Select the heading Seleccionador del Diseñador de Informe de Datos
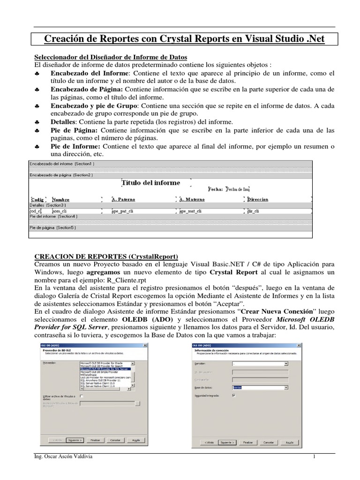pyautogui.click(x=111, y=57)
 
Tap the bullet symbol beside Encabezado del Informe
pyautogui.click(x=37, y=75)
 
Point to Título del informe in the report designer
pyautogui.click(x=150, y=183)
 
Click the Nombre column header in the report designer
pyautogui.click(x=60, y=199)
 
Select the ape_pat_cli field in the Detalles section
pyautogui.click(x=123, y=211)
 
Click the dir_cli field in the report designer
pyautogui.click(x=256, y=211)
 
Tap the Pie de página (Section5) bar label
pyautogui.click(x=52, y=228)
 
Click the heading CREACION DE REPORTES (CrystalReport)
pyautogui.click(x=107, y=257)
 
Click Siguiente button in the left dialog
pyautogui.click(x=75, y=440)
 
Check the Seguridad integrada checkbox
pyautogui.click(x=234, y=395)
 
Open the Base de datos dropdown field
pyautogui.click(x=260, y=388)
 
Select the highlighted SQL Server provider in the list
pyautogui.click(x=107, y=369)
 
